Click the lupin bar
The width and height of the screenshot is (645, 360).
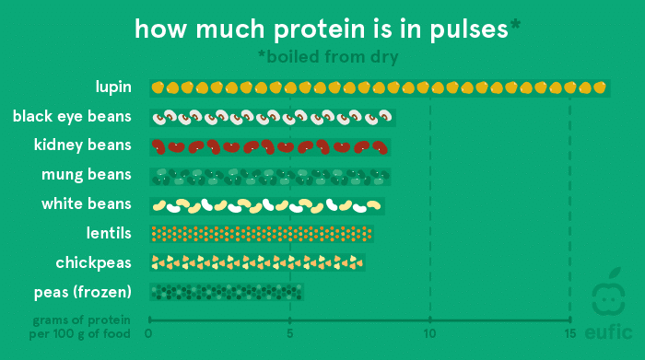pos(380,88)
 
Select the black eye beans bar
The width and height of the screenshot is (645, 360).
pos(273,118)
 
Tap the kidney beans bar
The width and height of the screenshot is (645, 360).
pos(270,146)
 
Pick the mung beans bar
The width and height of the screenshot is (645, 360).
pos(270,176)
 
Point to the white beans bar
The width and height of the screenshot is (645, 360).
pos(267,206)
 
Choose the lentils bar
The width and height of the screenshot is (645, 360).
pos(262,234)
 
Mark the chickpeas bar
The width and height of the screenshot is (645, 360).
pos(257,262)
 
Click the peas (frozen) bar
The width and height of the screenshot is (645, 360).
pos(227,292)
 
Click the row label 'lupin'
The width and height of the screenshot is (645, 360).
pos(113,87)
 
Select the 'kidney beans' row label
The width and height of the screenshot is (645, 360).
pos(82,145)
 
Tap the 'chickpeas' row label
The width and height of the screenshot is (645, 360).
pos(93,263)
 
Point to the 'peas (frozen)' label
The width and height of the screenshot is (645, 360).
pos(83,292)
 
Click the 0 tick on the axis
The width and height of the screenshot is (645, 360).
pos(148,333)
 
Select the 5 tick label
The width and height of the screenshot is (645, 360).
pos(290,333)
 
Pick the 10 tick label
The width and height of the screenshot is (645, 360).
pos(430,333)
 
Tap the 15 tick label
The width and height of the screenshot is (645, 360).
pos(569,333)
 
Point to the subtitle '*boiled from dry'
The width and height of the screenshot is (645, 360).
pos(328,57)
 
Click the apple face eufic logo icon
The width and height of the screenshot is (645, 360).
pos(608,293)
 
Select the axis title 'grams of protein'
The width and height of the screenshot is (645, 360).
pos(81,320)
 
